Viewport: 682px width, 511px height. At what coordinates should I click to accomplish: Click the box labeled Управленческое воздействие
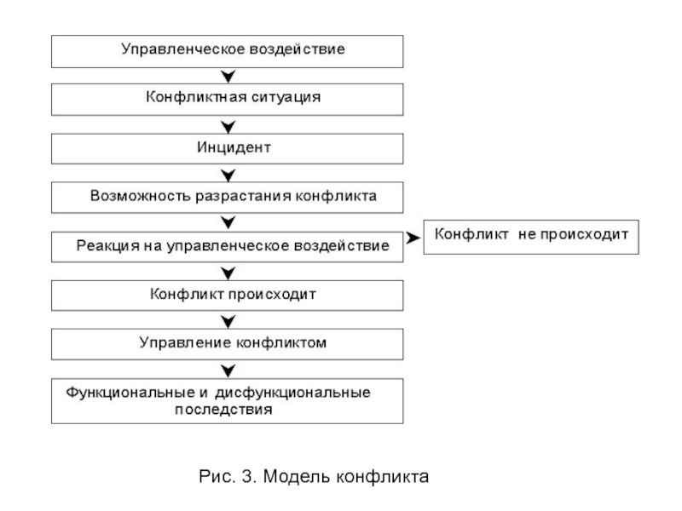coord(227,51)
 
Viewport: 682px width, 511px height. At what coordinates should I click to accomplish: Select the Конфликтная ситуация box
coord(227,100)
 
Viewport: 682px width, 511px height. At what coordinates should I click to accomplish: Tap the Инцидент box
coord(227,148)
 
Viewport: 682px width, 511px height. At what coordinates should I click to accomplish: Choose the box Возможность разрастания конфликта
coord(227,198)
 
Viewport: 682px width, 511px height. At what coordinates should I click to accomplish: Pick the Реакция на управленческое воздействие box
coord(227,247)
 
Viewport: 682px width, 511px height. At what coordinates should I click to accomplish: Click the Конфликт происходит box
coord(227,296)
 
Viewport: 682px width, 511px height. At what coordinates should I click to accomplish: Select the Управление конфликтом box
coord(227,344)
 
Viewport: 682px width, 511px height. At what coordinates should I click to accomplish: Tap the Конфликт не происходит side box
coord(531,237)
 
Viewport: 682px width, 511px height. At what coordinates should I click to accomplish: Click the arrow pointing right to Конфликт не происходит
coord(413,238)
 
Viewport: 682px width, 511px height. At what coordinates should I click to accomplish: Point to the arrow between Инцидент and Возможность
coord(228,175)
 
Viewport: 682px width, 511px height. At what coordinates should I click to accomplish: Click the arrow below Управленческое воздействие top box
coord(228,77)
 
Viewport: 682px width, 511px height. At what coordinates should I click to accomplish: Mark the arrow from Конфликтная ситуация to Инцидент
coord(228,127)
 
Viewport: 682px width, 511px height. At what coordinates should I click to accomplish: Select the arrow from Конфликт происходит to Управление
coord(228,322)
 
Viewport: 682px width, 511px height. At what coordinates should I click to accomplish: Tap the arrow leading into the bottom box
coord(228,370)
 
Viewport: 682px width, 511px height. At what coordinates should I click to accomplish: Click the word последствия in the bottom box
coord(223,410)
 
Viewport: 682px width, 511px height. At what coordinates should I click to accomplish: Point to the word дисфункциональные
coord(292,393)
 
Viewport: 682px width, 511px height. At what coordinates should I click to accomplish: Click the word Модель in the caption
coord(297,477)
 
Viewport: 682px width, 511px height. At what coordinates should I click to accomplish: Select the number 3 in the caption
coord(247,477)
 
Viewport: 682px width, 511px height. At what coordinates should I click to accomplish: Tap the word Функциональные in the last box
coord(130,393)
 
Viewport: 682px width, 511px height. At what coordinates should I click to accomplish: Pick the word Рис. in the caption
coord(217,477)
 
